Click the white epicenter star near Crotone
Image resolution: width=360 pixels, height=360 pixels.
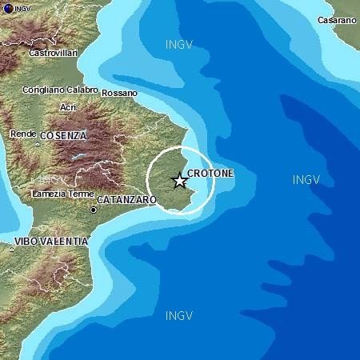tap(179, 181)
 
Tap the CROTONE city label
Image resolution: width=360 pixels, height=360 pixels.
tap(210, 173)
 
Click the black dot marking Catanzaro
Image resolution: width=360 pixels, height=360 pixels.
tap(94, 210)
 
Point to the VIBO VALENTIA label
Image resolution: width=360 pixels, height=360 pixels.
tap(51, 240)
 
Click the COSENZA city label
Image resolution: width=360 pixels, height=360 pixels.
tap(62, 136)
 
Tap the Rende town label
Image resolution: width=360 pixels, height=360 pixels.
tap(22, 134)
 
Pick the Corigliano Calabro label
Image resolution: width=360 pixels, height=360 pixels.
tap(60, 90)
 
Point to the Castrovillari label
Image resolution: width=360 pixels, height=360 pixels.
tap(53, 53)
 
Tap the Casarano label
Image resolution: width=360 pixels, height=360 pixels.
tap(336, 20)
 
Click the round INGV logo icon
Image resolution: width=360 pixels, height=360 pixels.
tap(6, 6)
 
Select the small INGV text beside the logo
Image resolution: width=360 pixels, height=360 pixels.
tap(22, 7)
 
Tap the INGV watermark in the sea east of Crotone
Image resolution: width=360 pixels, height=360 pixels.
tap(306, 179)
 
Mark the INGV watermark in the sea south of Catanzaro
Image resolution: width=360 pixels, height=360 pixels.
tap(178, 315)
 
